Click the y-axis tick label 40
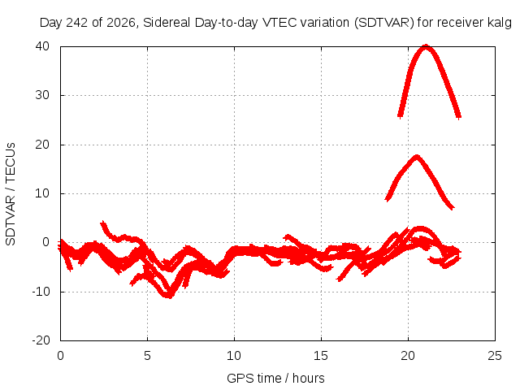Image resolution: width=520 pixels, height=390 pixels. point(42,46)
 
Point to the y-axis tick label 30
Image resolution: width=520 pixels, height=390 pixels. point(42,95)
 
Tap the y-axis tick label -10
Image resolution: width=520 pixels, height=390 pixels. point(41,292)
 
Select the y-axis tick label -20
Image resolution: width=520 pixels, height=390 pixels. point(41,340)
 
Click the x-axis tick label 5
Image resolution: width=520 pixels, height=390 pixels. point(147,356)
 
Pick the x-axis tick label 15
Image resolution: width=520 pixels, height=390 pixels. point(321,356)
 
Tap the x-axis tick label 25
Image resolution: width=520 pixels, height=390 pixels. point(495,356)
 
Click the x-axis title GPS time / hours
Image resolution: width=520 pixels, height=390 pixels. point(275,378)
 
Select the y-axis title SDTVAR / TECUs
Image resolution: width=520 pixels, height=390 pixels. point(11,194)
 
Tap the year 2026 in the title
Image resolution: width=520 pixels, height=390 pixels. point(121,23)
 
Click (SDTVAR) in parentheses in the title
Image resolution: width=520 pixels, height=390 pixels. point(384,23)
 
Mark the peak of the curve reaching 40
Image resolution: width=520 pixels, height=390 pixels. point(426,46)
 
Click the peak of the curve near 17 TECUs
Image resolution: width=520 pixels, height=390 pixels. point(417,157)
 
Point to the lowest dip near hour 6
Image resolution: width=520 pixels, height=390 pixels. point(169,295)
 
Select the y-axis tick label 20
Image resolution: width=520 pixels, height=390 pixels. point(42,145)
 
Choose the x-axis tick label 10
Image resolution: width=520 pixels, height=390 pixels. point(234,356)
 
